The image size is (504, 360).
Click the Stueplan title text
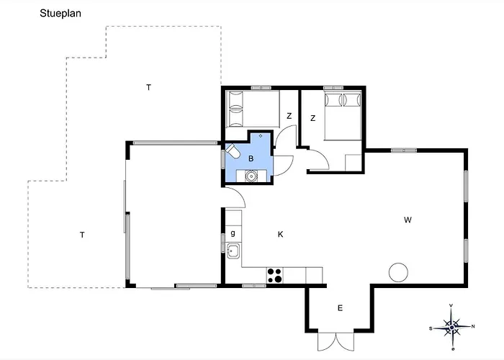click(x=60, y=14)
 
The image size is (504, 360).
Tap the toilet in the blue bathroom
click(x=233, y=151)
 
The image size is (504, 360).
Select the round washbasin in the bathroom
click(x=251, y=176)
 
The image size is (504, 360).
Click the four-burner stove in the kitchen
click(x=274, y=276)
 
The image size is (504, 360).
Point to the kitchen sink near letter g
click(x=233, y=251)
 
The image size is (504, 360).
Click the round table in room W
click(x=398, y=273)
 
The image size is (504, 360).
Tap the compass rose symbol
click(x=452, y=327)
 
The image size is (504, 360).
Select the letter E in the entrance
click(x=340, y=308)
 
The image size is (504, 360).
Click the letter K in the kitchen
click(x=280, y=234)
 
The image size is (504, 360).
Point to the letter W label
click(x=408, y=220)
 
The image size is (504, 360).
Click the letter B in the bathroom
click(x=251, y=158)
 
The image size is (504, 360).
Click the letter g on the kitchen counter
click(x=233, y=233)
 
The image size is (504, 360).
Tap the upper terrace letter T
click(x=148, y=87)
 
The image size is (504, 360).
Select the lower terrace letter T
click(x=82, y=235)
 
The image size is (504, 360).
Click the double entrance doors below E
click(x=336, y=341)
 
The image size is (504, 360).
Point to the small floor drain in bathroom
click(x=261, y=136)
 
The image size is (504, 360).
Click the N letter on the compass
click(x=473, y=327)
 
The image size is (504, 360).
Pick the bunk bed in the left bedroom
click(x=253, y=109)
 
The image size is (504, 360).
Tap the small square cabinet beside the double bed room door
click(x=354, y=163)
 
